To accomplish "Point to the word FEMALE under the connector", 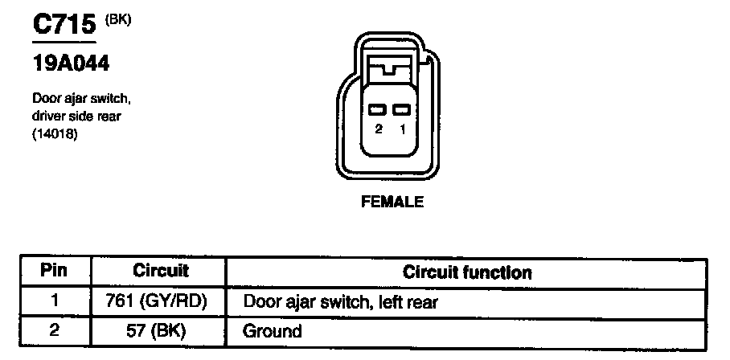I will (x=392, y=202).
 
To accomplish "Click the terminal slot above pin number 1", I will (x=402, y=109).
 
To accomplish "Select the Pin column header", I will (x=53, y=272).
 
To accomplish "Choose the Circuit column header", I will (x=160, y=272).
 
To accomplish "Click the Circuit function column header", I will (x=467, y=272).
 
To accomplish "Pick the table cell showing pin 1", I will (x=53, y=301).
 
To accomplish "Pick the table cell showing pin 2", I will (x=53, y=330).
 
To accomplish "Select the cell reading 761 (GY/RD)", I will (x=160, y=301).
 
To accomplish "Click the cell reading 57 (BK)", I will (x=160, y=330).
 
